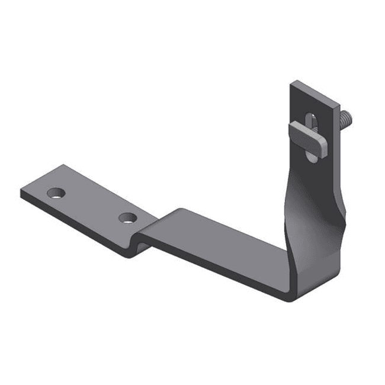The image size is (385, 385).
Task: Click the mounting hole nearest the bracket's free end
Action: [57, 192]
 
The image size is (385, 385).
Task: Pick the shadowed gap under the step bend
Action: [140, 245]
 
